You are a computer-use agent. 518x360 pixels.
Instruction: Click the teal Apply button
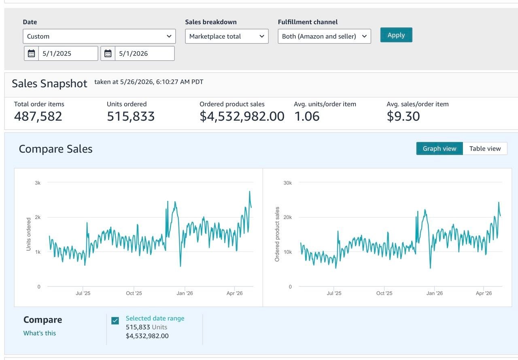tap(396, 35)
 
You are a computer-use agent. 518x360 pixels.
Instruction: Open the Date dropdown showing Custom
tap(99, 36)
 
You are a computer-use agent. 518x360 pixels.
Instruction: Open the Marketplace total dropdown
tap(227, 36)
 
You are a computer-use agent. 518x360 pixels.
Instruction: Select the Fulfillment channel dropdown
tap(324, 36)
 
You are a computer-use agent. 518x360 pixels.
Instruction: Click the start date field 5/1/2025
tap(68, 53)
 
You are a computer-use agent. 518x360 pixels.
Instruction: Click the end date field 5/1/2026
tap(144, 53)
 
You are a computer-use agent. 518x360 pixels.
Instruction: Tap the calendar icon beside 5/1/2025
tap(32, 53)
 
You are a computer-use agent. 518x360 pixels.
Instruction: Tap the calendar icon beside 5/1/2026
tap(108, 53)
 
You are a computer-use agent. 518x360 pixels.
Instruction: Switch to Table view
tap(485, 149)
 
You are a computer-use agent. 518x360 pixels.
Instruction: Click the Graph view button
tap(439, 149)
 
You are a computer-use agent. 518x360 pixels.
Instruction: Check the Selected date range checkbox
tap(115, 321)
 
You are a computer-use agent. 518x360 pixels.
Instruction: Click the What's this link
tap(40, 333)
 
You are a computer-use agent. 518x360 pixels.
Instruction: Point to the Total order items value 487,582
tap(38, 116)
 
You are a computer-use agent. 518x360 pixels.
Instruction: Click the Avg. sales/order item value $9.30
tap(403, 116)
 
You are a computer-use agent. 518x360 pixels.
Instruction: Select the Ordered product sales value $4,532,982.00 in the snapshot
tap(242, 116)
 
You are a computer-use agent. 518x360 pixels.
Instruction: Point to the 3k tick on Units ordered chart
tap(38, 183)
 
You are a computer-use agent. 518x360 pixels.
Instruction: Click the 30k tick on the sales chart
tap(288, 183)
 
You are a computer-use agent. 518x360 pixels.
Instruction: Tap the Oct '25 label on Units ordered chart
tap(134, 293)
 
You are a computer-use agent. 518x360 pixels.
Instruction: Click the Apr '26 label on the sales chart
tap(484, 293)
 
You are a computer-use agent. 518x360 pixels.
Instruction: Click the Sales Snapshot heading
tap(49, 83)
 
